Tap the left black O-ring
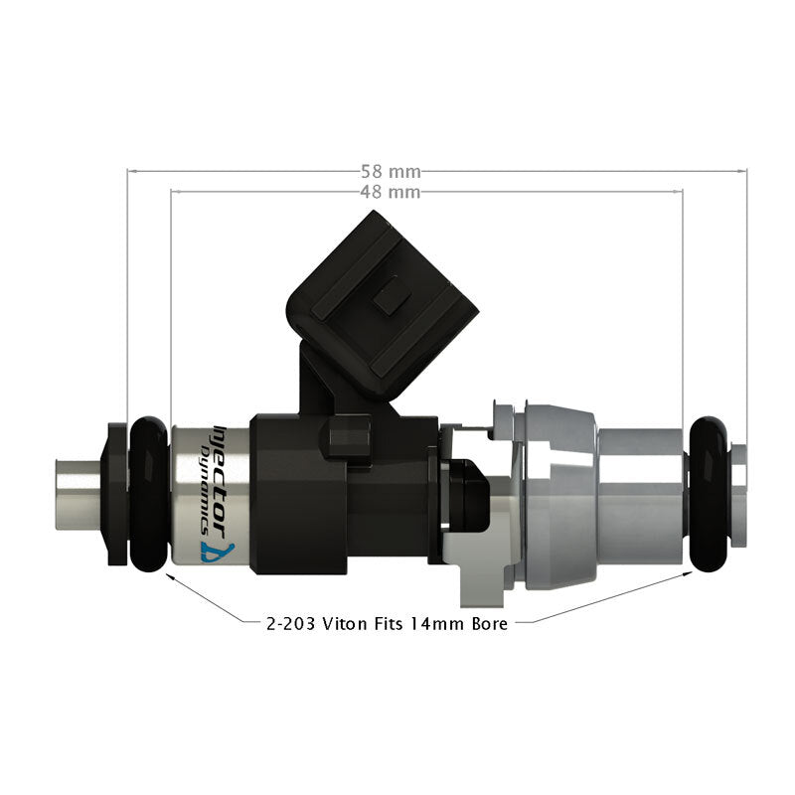click(148, 494)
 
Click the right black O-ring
click(710, 494)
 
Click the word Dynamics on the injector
click(206, 475)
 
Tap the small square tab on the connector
click(392, 295)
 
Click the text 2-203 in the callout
click(286, 624)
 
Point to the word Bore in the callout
click(487, 624)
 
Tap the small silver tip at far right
click(738, 494)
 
